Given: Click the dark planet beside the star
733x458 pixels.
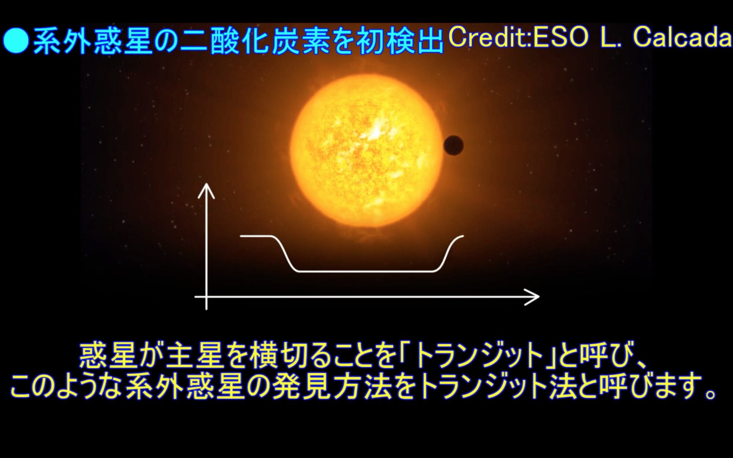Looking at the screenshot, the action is click(x=453, y=145).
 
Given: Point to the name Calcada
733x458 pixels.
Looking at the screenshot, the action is click(x=682, y=37).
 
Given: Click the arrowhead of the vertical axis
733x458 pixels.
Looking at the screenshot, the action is click(x=206, y=190).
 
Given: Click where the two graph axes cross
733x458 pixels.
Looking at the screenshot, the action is click(x=207, y=297).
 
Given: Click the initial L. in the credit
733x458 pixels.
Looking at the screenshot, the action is click(x=611, y=37).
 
